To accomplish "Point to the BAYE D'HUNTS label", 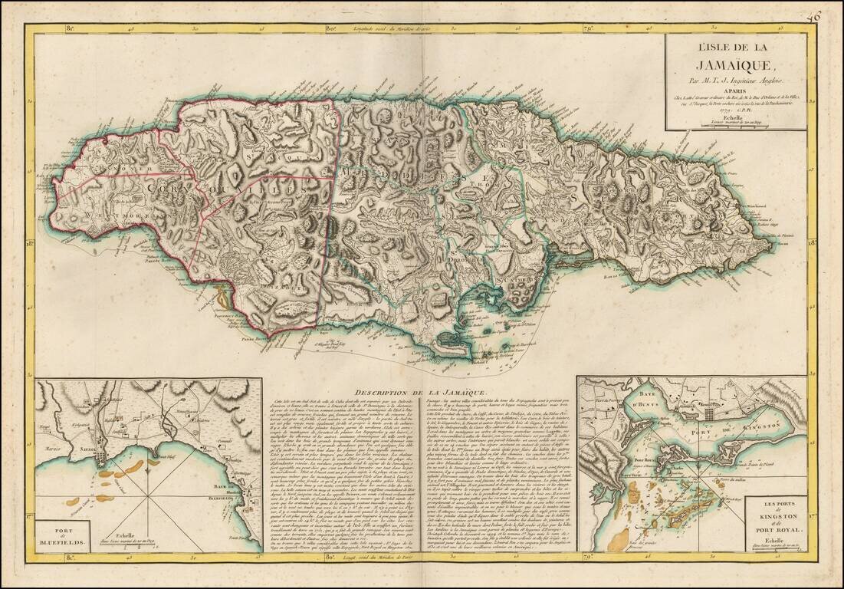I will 619,397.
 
